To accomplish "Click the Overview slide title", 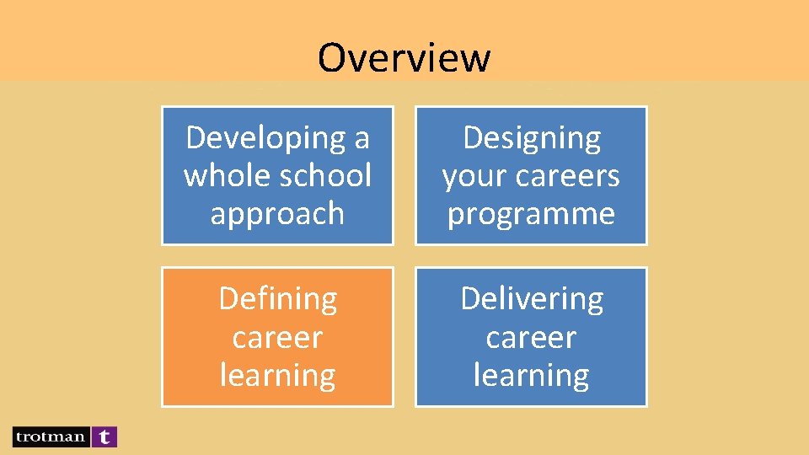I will coord(404,57).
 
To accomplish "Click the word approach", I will coord(277,214).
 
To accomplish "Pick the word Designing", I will coord(532,138).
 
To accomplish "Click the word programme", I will coord(531,214).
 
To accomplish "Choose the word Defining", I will coord(277,298).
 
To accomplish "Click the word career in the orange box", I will coord(277,337).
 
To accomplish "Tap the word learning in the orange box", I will coord(277,375).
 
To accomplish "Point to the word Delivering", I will coord(531,298).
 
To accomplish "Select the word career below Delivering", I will coord(531,337).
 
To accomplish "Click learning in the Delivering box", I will coord(531,375).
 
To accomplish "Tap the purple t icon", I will coord(104,436).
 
